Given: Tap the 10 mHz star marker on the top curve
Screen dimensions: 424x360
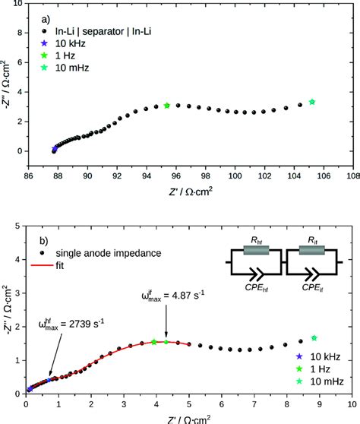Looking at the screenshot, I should click(312, 102).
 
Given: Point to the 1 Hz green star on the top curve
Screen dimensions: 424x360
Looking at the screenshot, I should click(167, 105).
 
